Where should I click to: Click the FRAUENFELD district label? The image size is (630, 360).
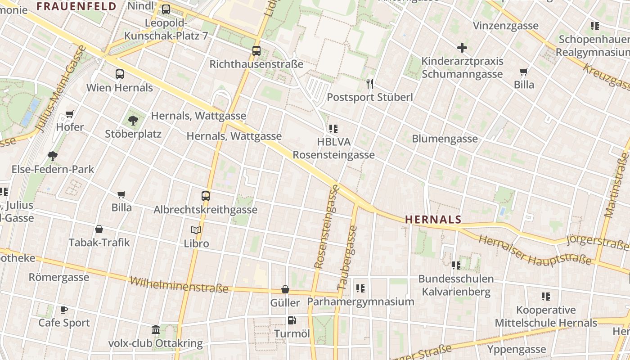pos(76,6)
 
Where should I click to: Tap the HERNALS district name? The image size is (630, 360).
pos(433,220)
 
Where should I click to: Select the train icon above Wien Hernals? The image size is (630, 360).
pos(120,74)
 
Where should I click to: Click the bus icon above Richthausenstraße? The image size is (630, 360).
pos(256,51)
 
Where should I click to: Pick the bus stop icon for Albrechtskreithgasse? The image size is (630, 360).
pos(206,196)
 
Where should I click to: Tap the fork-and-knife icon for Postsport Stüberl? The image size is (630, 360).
pos(370,83)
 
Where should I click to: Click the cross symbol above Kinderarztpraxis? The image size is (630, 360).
pos(462,47)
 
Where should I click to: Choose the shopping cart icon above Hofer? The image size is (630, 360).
pos(70,114)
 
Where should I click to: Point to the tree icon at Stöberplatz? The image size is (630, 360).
pos(133,120)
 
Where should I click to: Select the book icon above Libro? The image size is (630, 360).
pos(196,230)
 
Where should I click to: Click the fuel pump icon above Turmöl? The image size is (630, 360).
pos(292,320)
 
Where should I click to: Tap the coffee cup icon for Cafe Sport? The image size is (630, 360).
pos(64,310)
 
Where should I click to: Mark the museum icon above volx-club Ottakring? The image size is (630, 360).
pos(156,330)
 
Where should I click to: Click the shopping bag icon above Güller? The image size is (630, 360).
pos(285,289)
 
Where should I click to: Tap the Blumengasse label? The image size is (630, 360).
pos(445,139)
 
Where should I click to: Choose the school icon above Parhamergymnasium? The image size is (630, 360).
pos(360,288)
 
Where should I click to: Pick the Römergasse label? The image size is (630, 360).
pos(59,277)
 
